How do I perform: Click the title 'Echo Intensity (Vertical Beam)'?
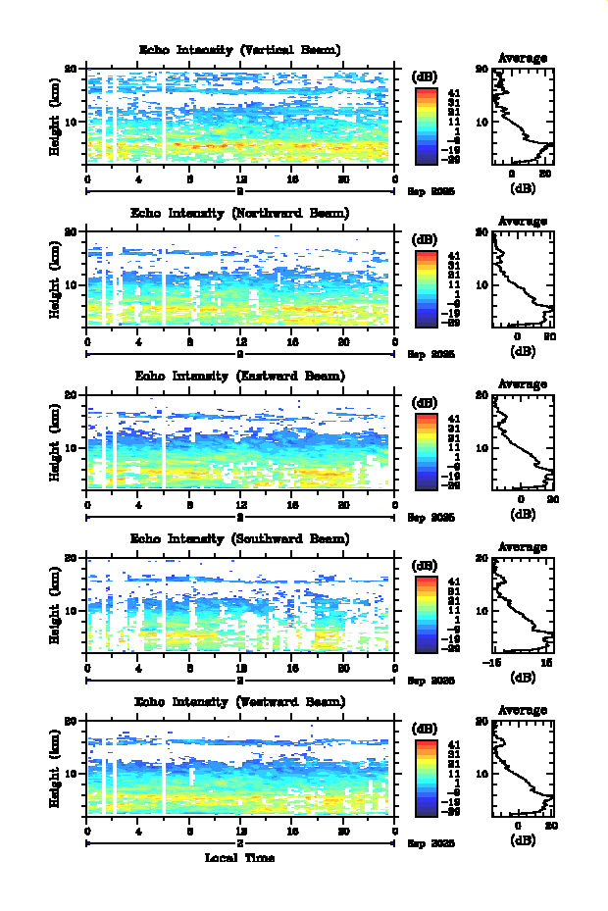[x=240, y=50]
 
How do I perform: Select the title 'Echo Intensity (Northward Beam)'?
[x=240, y=213]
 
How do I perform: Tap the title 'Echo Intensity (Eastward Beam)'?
[x=240, y=376]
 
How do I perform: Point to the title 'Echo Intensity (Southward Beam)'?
[x=240, y=538]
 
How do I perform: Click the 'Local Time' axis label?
[x=239, y=857]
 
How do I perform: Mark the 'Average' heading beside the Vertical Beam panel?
[x=523, y=59]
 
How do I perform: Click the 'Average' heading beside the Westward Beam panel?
[x=523, y=710]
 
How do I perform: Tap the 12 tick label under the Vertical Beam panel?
[x=240, y=178]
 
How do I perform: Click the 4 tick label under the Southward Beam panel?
[x=138, y=667]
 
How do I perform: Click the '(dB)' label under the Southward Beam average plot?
[x=523, y=676]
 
